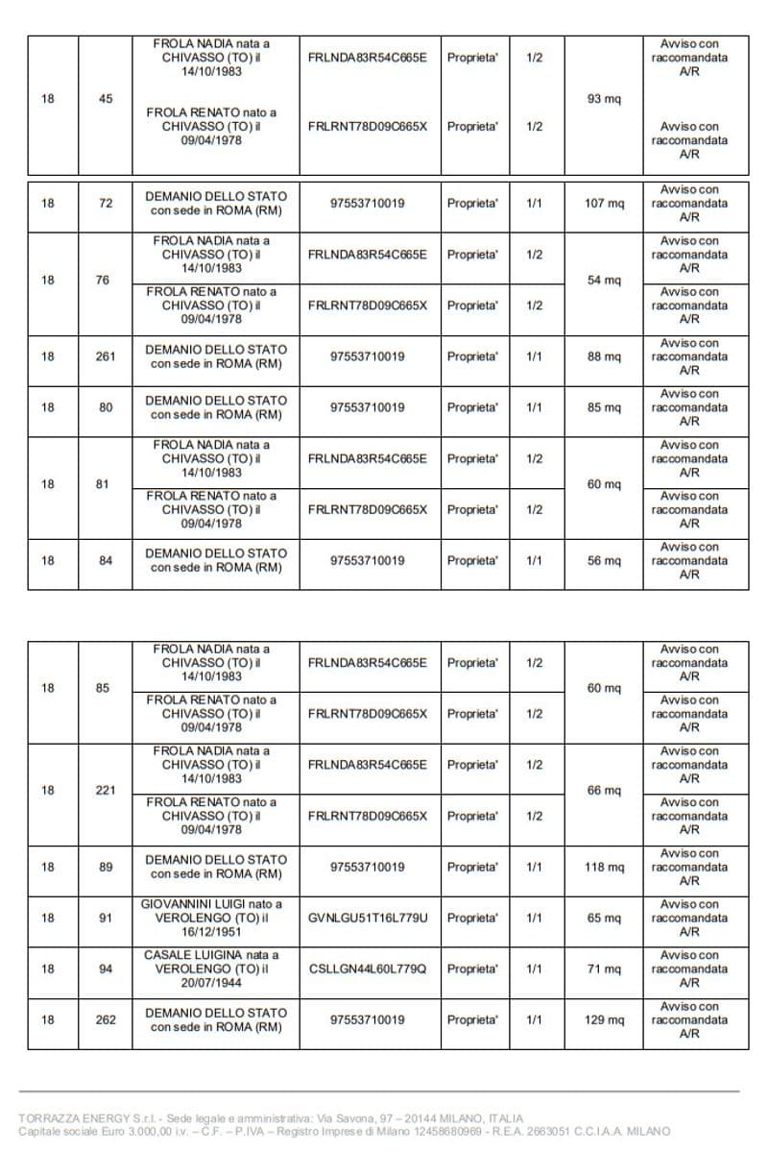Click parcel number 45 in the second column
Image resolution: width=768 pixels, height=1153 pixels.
pyautogui.click(x=106, y=99)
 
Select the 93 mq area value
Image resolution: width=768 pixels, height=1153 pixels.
pyautogui.click(x=604, y=99)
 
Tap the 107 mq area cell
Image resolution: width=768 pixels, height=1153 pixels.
pyautogui.click(x=604, y=204)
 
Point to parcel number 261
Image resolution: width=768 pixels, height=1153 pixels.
pyautogui.click(x=106, y=356)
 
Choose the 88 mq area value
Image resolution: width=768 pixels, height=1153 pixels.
pyautogui.click(x=604, y=356)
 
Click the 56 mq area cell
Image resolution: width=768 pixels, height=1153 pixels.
pyautogui.click(x=604, y=561)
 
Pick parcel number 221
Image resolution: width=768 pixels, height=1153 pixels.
pyautogui.click(x=106, y=791)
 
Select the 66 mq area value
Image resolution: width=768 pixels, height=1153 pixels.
pyautogui.click(x=604, y=791)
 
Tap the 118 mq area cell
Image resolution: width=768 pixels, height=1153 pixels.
pyautogui.click(x=604, y=868)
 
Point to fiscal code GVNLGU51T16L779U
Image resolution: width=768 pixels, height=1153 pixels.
pyautogui.click(x=368, y=919)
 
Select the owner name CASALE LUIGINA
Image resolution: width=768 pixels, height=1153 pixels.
pyautogui.click(x=211, y=956)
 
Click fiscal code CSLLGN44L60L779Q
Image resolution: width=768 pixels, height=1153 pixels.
pyautogui.click(x=368, y=969)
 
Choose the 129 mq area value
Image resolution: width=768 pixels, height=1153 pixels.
pyautogui.click(x=604, y=1020)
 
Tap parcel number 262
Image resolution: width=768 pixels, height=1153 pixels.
pyautogui.click(x=106, y=1020)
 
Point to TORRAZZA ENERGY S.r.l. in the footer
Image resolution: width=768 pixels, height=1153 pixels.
pyautogui.click(x=80, y=1118)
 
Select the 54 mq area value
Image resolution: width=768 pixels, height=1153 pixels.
pyautogui.click(x=604, y=281)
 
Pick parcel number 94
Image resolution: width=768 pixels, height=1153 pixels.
pyautogui.click(x=106, y=969)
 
